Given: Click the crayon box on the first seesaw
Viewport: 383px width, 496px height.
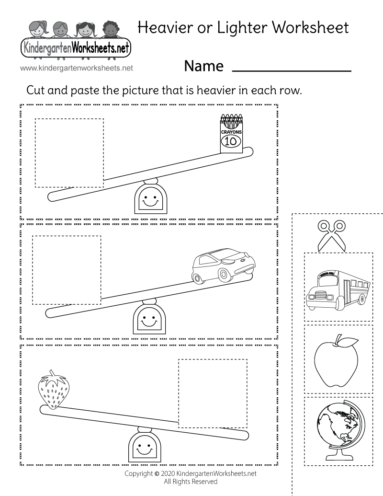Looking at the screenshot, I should click(x=231, y=135).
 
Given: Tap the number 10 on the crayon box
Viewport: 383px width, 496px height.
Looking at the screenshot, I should click(x=231, y=141).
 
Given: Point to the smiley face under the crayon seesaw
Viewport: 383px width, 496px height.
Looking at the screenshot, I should click(x=151, y=201).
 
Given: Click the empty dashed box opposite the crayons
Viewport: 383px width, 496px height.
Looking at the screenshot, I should click(x=69, y=152).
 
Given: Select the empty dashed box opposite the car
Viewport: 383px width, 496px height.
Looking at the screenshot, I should click(x=67, y=270).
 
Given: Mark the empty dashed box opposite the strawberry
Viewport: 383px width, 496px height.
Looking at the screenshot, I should click(x=213, y=392).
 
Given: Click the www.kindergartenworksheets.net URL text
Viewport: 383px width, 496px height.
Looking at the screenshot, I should click(x=77, y=68).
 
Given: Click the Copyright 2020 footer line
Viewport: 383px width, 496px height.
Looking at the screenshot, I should click(x=190, y=473).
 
